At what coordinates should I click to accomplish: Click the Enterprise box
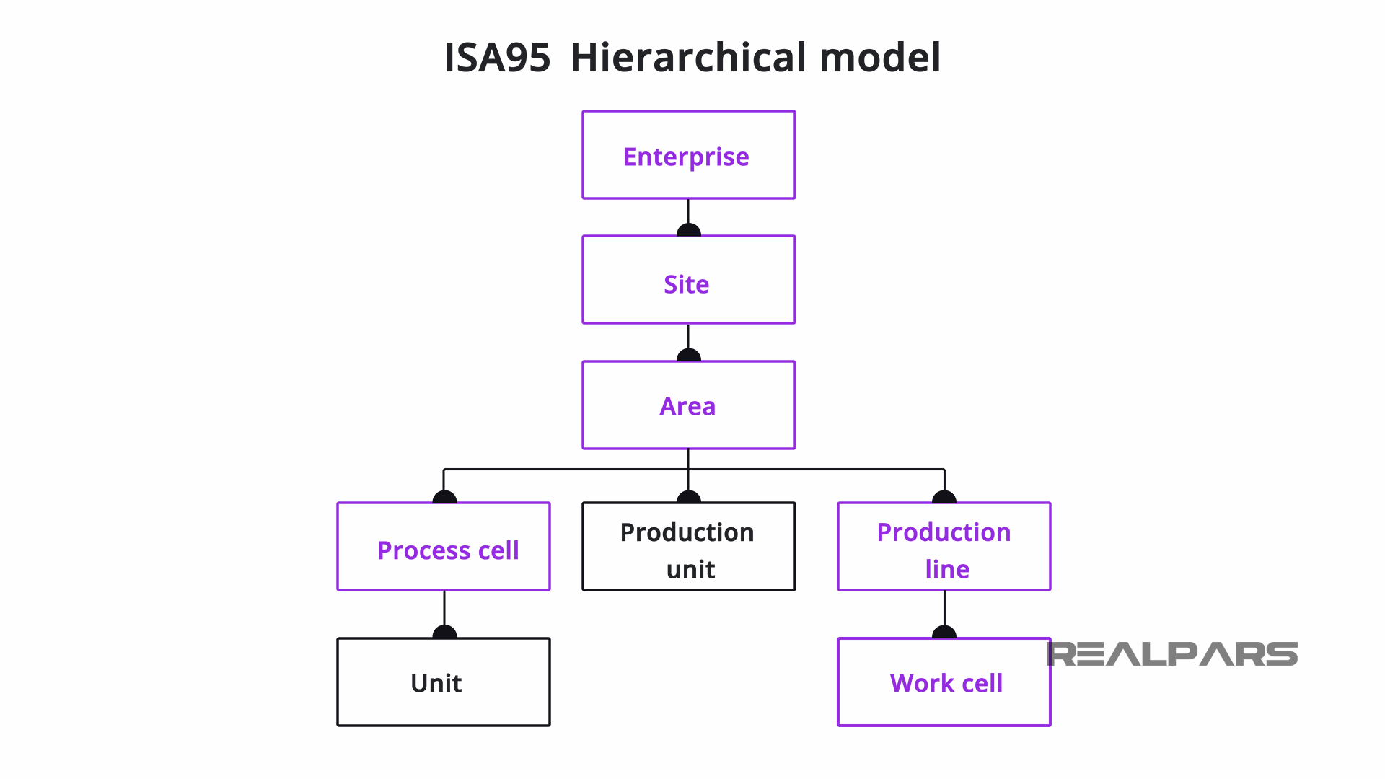(x=688, y=155)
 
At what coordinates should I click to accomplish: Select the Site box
(x=688, y=280)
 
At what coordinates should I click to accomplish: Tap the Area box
(x=688, y=405)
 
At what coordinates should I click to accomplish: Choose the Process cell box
(x=444, y=547)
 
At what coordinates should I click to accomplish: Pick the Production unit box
(x=688, y=547)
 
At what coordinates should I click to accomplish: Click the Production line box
(x=944, y=547)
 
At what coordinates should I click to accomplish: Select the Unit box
(x=444, y=682)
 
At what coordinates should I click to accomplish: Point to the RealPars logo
(x=1171, y=654)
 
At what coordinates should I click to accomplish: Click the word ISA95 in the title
(x=497, y=58)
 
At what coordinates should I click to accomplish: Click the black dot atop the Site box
(x=688, y=231)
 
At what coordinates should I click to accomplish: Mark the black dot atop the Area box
(x=688, y=356)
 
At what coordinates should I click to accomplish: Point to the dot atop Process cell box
(x=444, y=498)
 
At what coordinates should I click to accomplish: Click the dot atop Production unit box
(x=688, y=498)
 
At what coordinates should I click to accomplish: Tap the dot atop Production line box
(x=944, y=498)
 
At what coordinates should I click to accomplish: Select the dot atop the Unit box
(x=444, y=633)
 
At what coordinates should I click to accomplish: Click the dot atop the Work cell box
(x=944, y=633)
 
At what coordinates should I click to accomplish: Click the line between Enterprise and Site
(x=688, y=211)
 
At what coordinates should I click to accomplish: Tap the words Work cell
(x=946, y=683)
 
